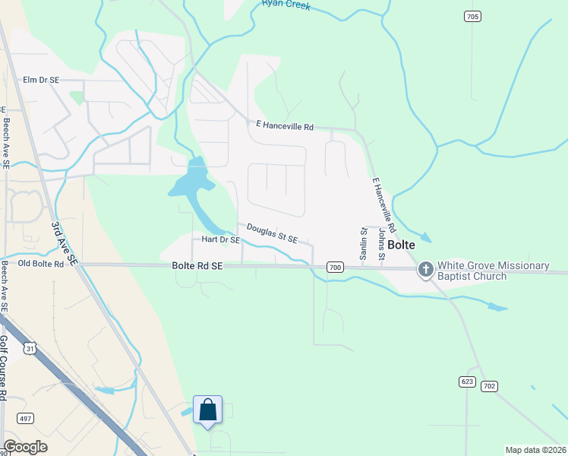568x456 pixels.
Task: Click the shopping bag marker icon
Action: (208, 410)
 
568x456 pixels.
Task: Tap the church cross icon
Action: (425, 269)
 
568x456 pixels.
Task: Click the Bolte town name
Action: (400, 245)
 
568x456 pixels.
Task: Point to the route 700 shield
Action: (336, 268)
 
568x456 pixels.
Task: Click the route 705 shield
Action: (472, 16)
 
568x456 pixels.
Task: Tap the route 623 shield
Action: (467, 380)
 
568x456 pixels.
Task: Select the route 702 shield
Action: (489, 386)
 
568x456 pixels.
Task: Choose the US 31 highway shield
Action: (30, 347)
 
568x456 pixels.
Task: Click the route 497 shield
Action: (26, 419)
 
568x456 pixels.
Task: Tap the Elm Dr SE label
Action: (41, 80)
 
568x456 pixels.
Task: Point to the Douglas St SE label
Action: (272, 233)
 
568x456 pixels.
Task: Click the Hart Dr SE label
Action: (221, 239)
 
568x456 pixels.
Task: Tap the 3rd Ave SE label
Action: (65, 243)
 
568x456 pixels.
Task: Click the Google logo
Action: (26, 447)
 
